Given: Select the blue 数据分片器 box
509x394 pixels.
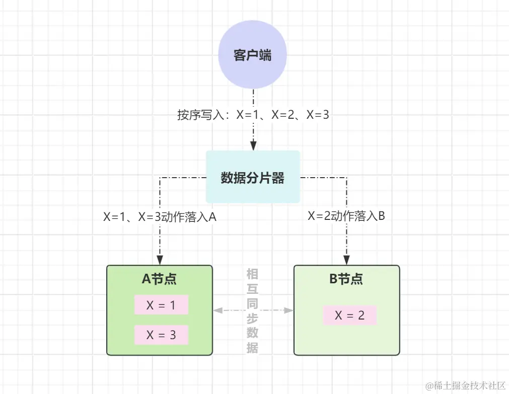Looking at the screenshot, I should [x=253, y=177].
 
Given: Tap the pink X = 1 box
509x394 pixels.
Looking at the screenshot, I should [x=161, y=305].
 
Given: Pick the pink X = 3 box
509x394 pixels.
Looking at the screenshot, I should [x=161, y=335].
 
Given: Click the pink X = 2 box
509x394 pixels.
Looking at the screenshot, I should [x=349, y=316].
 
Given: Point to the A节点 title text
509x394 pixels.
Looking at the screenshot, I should [x=159, y=279].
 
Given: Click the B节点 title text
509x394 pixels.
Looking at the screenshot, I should [x=346, y=279].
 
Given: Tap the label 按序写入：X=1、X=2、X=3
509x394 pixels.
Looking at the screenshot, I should [x=253, y=115].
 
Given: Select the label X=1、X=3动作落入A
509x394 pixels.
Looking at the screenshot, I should [x=160, y=217].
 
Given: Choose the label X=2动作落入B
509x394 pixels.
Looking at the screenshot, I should [x=347, y=216].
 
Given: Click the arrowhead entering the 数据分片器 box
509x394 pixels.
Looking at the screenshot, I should [x=253, y=145].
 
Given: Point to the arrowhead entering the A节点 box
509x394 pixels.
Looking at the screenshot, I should [x=159, y=261].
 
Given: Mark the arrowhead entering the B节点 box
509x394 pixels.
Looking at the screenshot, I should [x=347, y=261].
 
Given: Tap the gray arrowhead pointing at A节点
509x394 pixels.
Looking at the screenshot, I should [x=217, y=310].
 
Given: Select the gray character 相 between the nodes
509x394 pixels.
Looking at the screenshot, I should [x=252, y=274].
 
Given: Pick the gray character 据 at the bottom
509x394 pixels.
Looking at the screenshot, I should [x=252, y=348].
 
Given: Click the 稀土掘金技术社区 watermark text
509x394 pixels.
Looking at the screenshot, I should [x=465, y=385].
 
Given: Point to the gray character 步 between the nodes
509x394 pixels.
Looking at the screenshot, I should [x=252, y=318].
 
